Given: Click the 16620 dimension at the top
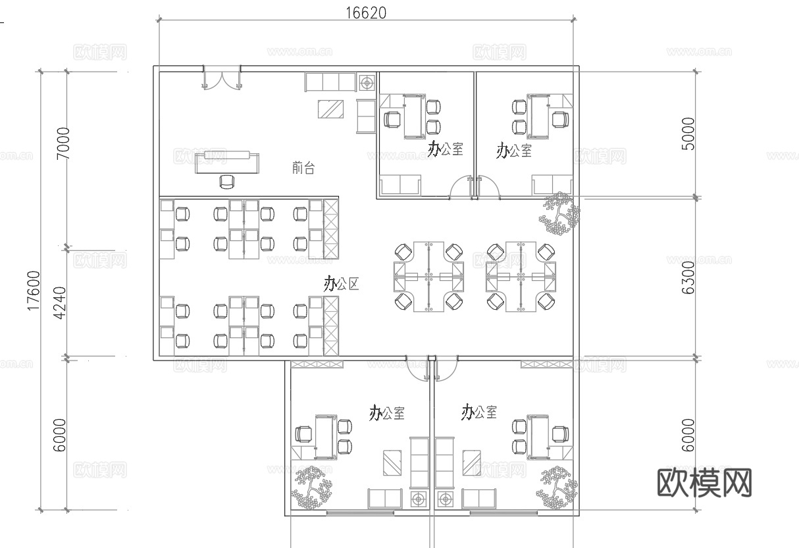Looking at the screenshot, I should [x=366, y=12].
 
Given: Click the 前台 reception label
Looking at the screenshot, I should [x=303, y=168].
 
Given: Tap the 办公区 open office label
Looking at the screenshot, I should [x=341, y=284].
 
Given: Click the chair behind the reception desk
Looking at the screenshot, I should [x=226, y=180].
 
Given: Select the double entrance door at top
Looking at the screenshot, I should [x=221, y=79].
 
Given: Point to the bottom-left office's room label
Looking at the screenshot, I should [x=387, y=413].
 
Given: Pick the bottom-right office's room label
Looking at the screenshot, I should [x=479, y=412].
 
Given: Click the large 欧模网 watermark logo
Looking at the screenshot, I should [x=704, y=483].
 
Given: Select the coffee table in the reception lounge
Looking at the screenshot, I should [x=330, y=109].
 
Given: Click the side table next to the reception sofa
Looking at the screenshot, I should [x=367, y=83].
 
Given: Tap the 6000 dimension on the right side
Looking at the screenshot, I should [x=688, y=435].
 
